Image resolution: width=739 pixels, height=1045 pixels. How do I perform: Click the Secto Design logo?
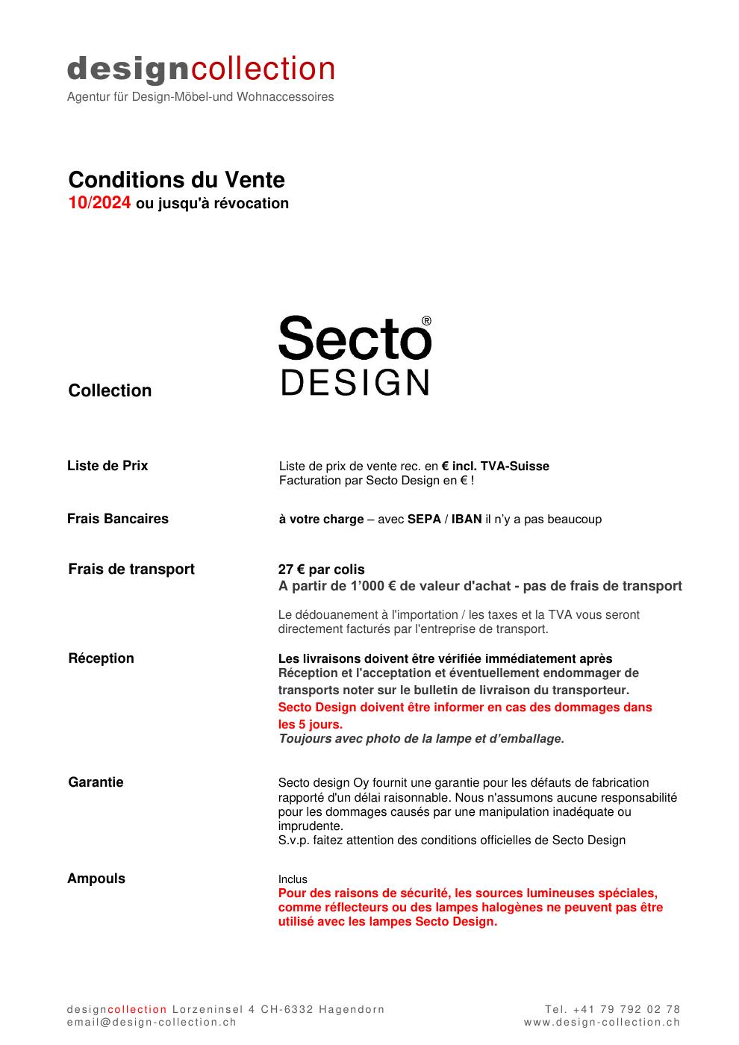click(x=355, y=355)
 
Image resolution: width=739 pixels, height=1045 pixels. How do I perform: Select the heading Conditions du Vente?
click(x=176, y=180)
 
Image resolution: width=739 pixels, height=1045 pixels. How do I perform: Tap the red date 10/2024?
click(x=99, y=203)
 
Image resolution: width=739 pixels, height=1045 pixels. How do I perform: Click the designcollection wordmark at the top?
click(x=201, y=69)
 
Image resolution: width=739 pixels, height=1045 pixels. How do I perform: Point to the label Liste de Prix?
click(x=107, y=466)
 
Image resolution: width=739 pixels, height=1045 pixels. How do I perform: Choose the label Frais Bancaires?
click(x=118, y=519)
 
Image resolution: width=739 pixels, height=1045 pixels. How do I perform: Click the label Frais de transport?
click(x=131, y=569)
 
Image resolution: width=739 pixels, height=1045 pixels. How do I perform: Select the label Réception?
click(x=101, y=658)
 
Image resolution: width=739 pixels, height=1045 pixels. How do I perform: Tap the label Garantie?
click(x=96, y=782)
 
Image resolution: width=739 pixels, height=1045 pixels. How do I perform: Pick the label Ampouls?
click(x=96, y=879)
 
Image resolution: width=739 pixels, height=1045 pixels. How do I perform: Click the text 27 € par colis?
click(x=322, y=570)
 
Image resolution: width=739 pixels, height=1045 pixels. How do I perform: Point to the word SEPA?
click(x=424, y=520)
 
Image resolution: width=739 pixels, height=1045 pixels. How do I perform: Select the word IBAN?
click(x=467, y=520)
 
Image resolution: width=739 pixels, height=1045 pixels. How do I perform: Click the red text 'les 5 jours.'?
click(x=311, y=724)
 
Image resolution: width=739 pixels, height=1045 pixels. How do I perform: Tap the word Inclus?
click(x=293, y=879)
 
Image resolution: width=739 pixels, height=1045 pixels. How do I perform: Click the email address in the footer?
click(x=152, y=1023)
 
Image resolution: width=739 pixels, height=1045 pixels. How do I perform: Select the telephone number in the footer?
click(x=612, y=1009)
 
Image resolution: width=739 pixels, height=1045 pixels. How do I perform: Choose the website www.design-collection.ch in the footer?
click(x=602, y=1023)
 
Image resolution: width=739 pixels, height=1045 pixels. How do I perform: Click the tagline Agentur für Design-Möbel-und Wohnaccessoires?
click(x=200, y=97)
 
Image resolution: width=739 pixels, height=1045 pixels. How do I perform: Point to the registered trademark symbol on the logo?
click(x=426, y=321)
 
